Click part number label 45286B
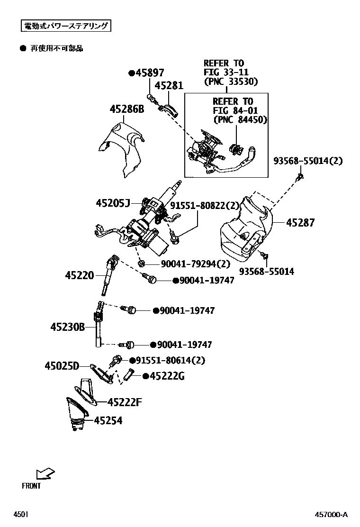point(126,109)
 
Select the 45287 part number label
point(299,222)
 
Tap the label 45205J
point(112,203)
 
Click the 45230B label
point(67,327)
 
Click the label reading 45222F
point(125,402)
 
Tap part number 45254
point(108,420)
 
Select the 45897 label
point(149,73)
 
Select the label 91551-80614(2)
point(171,360)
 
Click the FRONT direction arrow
point(45,473)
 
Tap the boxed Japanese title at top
point(66,26)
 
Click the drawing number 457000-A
point(332,515)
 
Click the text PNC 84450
point(240,119)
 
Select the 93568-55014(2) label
point(307,161)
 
